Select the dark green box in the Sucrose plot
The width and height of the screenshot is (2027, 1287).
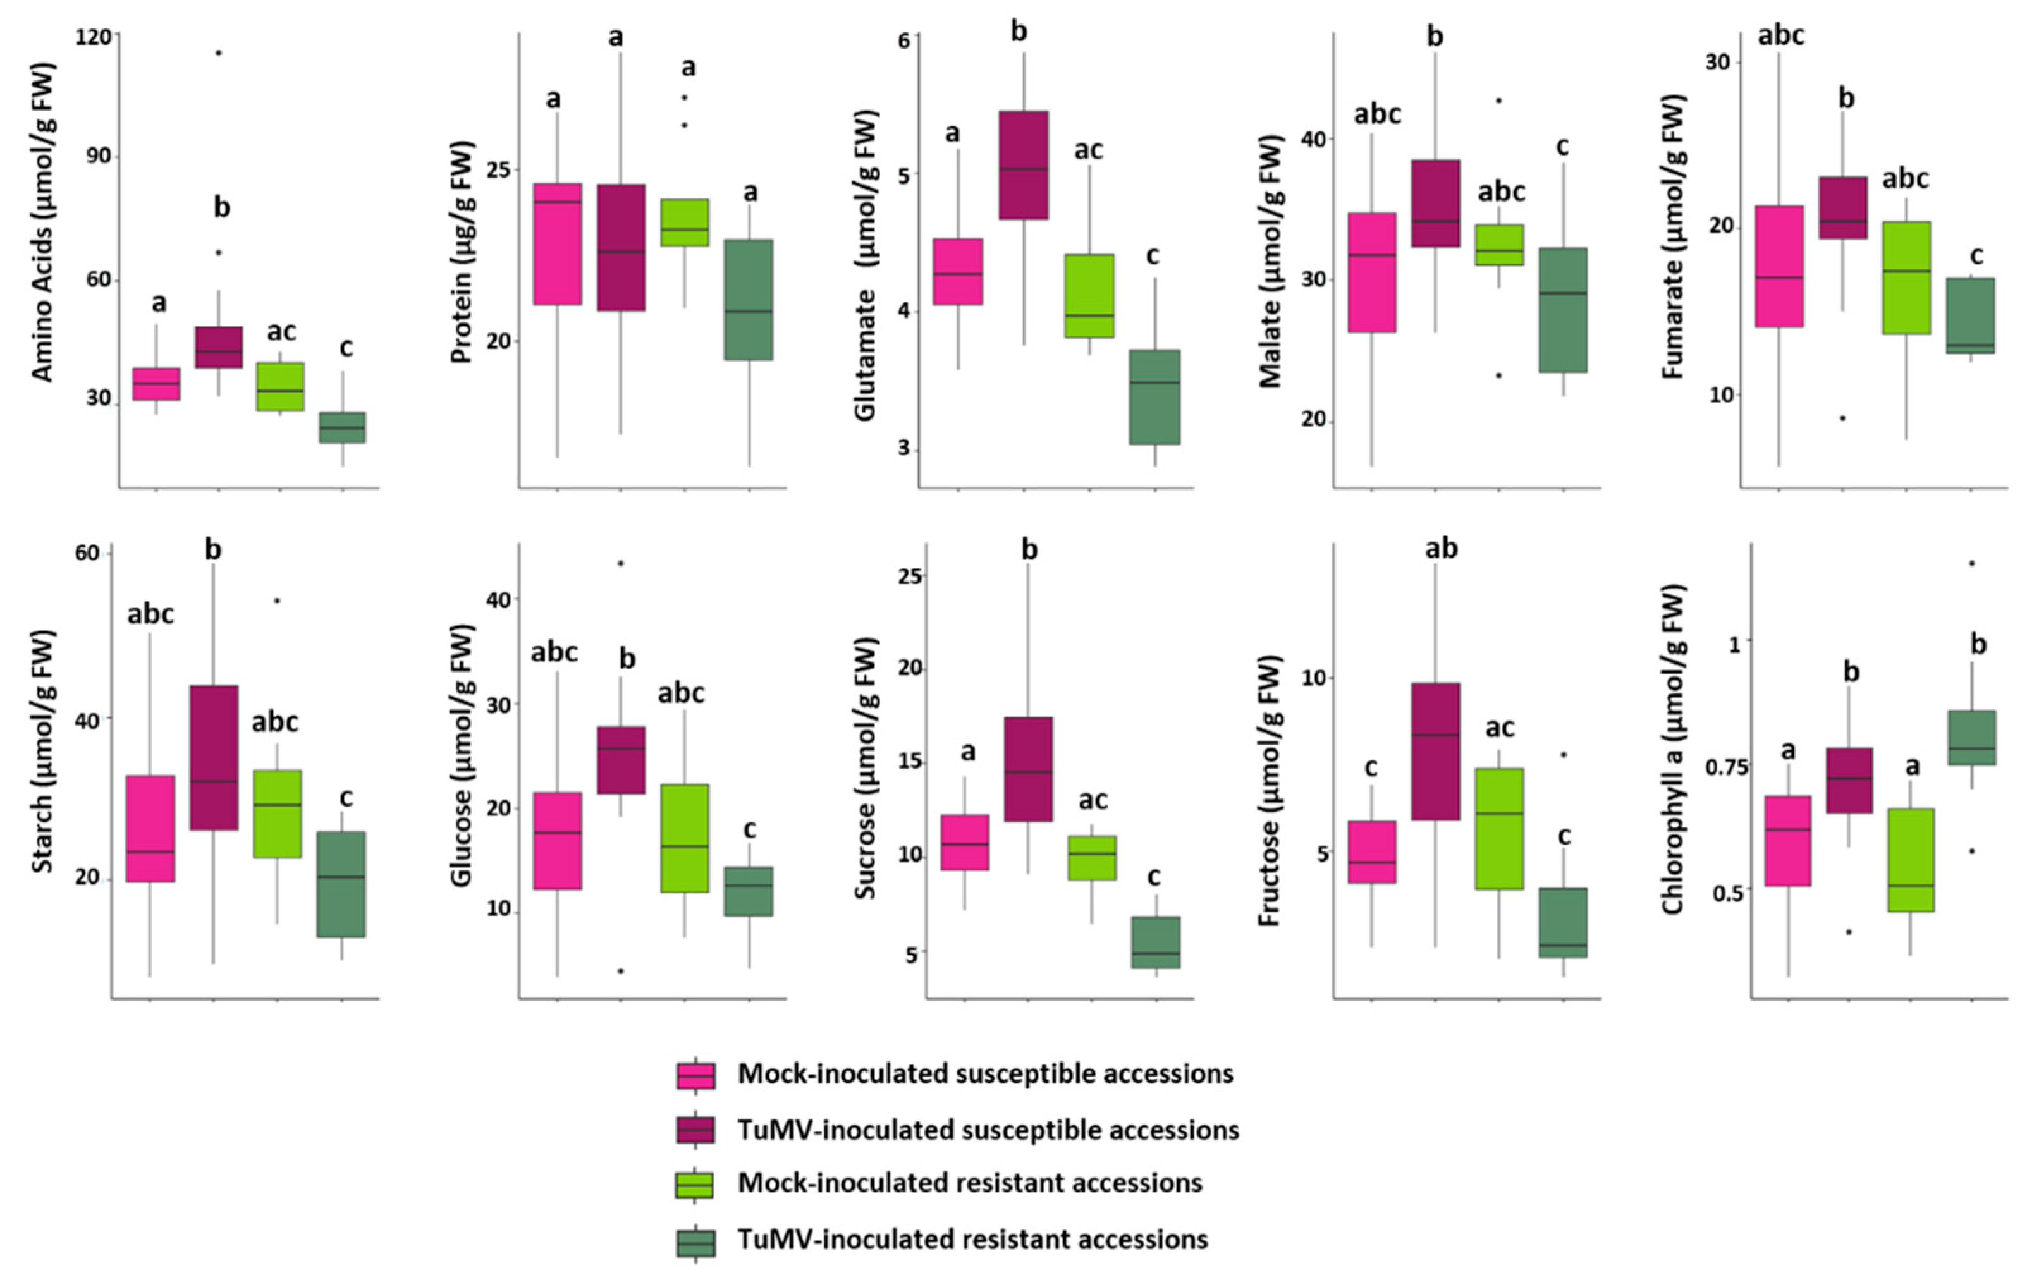1155,942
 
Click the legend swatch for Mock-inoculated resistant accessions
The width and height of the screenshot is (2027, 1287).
695,1183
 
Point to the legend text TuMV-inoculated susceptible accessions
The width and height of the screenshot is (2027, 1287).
988,1130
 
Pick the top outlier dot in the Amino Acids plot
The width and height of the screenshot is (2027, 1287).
219,53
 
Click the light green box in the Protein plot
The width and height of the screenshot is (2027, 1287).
684,223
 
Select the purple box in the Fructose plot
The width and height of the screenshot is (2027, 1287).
1435,751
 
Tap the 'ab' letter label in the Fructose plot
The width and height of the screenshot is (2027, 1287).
1441,549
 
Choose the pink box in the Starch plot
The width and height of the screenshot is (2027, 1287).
150,828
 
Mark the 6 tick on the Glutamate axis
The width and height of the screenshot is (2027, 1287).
904,40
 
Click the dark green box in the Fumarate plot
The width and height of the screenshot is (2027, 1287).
1971,315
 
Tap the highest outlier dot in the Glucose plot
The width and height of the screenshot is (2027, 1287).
620,563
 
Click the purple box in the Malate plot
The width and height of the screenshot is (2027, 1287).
1435,203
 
